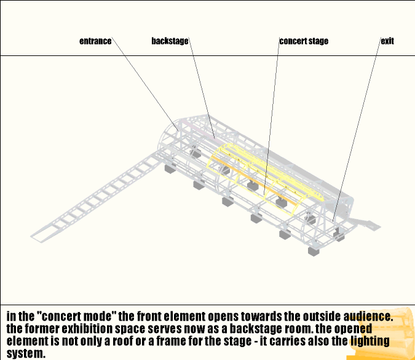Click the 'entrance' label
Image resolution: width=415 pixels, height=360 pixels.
pos(95,41)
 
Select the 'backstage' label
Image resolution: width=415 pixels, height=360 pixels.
pos(170,41)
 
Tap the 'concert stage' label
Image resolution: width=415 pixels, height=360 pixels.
pos(304,41)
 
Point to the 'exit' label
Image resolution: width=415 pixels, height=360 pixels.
pos(387,41)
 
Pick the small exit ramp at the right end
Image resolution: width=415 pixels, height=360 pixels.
pos(369,222)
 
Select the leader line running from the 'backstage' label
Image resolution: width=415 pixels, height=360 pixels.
pos(202,89)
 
